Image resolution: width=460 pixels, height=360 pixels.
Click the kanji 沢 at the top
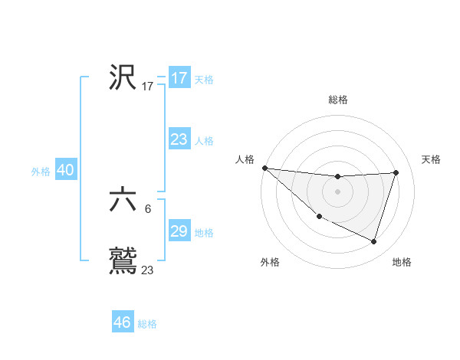pyautogui.click(x=123, y=77)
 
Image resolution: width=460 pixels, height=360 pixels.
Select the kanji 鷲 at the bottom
pyautogui.click(x=123, y=260)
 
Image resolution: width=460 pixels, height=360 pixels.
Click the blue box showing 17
pyautogui.click(x=179, y=78)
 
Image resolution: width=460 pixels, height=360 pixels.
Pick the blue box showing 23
pyautogui.click(x=179, y=139)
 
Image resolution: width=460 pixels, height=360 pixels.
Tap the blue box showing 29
pyautogui.click(x=179, y=231)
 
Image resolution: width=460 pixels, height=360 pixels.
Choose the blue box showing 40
pyautogui.click(x=65, y=170)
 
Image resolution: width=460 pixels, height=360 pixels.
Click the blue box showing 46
pyautogui.click(x=123, y=322)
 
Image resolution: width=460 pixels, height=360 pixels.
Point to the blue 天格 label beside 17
pyautogui.click(x=203, y=80)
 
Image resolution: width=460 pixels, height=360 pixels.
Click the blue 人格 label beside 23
pyautogui.click(x=203, y=141)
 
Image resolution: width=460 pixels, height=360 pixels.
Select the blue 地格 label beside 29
pyautogui.click(x=203, y=233)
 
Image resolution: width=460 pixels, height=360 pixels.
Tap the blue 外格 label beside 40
pyautogui.click(x=41, y=172)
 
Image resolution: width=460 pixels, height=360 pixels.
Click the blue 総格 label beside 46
pyautogui.click(x=147, y=324)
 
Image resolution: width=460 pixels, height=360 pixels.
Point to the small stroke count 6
pyautogui.click(x=147, y=208)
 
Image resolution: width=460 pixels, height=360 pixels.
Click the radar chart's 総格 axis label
pyautogui.click(x=338, y=100)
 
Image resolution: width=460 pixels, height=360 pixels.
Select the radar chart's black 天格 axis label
pyautogui.click(x=432, y=159)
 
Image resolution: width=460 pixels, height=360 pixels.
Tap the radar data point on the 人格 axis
pyautogui.click(x=264, y=168)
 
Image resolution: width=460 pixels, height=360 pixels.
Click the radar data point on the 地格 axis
pyautogui.click(x=374, y=242)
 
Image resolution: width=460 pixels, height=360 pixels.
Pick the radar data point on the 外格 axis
pyautogui.click(x=319, y=217)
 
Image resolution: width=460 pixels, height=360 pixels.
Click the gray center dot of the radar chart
pyautogui.click(x=337, y=191)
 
